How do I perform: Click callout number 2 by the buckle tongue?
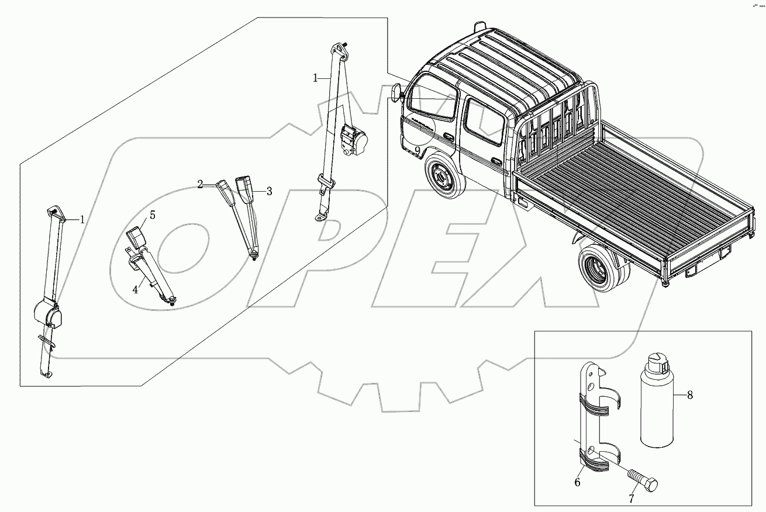(x=200, y=185)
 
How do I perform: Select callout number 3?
(x=268, y=191)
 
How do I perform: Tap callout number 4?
(x=135, y=289)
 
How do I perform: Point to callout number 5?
(x=152, y=215)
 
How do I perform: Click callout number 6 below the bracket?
(x=577, y=482)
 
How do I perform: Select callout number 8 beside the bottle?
(x=690, y=395)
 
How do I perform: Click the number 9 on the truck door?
(x=417, y=151)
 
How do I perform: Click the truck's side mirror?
(x=398, y=93)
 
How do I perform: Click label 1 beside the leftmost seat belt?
(x=82, y=220)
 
